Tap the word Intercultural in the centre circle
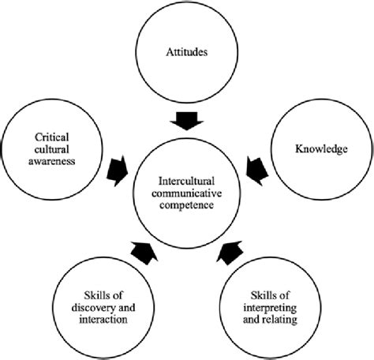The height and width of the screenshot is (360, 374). click(x=186, y=178)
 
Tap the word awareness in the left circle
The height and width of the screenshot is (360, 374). click(x=54, y=163)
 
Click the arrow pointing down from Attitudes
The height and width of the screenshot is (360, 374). click(x=187, y=121)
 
